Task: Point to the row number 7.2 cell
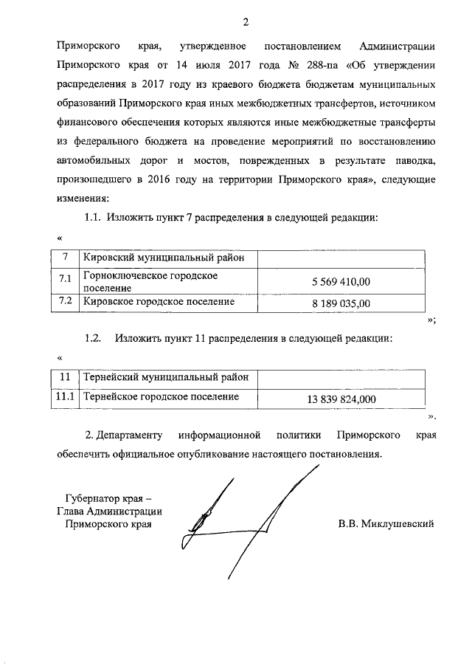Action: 65,302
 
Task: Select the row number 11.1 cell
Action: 65,397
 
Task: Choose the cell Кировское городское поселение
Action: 159,302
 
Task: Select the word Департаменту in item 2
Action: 129,435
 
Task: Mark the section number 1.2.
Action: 93,338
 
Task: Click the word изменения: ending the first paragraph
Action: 83,199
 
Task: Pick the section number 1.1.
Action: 92,218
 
